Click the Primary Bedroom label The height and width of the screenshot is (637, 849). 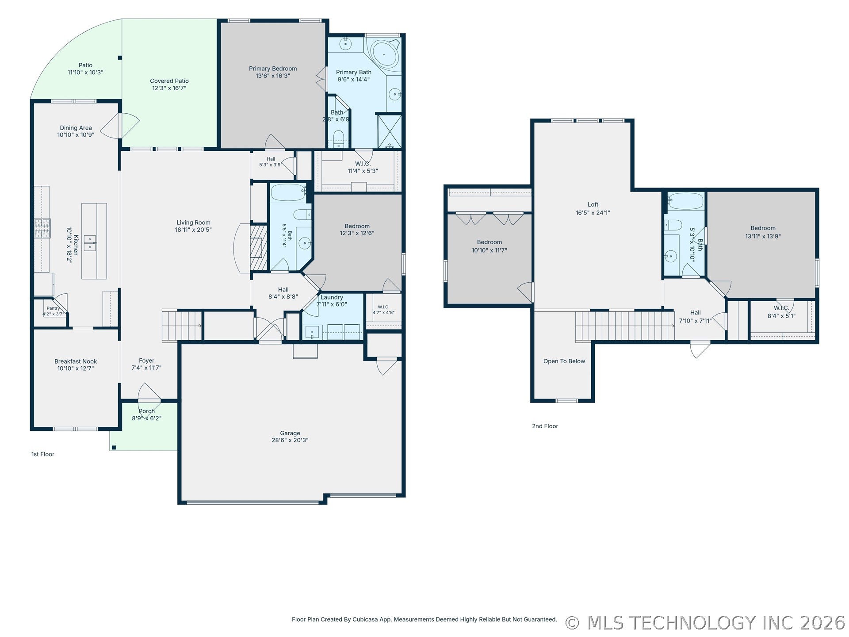[273, 69]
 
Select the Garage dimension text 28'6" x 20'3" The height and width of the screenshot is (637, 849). [290, 440]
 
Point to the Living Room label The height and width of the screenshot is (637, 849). [194, 223]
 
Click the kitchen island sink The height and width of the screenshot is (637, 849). [90, 243]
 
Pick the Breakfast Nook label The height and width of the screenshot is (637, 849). [76, 361]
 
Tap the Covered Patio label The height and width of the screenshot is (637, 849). [169, 81]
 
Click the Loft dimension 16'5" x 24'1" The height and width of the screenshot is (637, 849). [593, 213]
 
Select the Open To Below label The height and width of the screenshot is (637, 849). [564, 361]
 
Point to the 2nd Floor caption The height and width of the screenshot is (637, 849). [545, 426]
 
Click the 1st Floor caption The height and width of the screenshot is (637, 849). [43, 454]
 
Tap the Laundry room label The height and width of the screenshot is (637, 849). [332, 297]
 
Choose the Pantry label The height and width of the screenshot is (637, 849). [53, 308]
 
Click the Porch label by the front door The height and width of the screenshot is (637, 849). [147, 411]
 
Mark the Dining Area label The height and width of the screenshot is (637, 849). [76, 128]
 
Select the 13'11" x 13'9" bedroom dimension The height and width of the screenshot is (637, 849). [763, 236]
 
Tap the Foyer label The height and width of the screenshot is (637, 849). [146, 361]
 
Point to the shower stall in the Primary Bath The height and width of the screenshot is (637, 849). [390, 131]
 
